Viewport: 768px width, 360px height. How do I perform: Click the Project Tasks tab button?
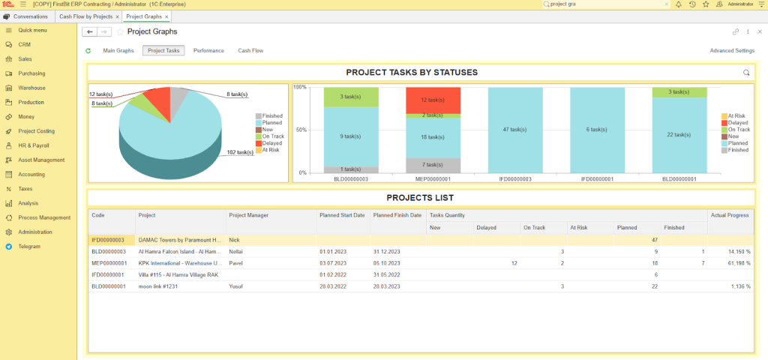point(163,51)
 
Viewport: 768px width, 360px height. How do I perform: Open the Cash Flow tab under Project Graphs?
point(250,51)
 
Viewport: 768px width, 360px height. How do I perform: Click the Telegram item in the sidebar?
point(29,246)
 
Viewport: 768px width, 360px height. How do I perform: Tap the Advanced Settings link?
point(731,51)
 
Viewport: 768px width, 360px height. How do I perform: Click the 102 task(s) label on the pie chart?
point(240,152)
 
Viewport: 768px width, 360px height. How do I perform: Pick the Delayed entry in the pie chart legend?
point(271,143)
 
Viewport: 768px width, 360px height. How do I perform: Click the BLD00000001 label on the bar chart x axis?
point(679,179)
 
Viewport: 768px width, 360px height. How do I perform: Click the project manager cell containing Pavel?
point(236,263)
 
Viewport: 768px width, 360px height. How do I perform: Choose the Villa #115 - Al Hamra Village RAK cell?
point(180,275)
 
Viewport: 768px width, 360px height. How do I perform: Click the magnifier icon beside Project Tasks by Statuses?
point(745,73)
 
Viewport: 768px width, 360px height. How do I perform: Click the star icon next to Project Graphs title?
point(120,32)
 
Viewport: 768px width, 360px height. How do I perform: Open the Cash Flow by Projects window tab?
point(85,16)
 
